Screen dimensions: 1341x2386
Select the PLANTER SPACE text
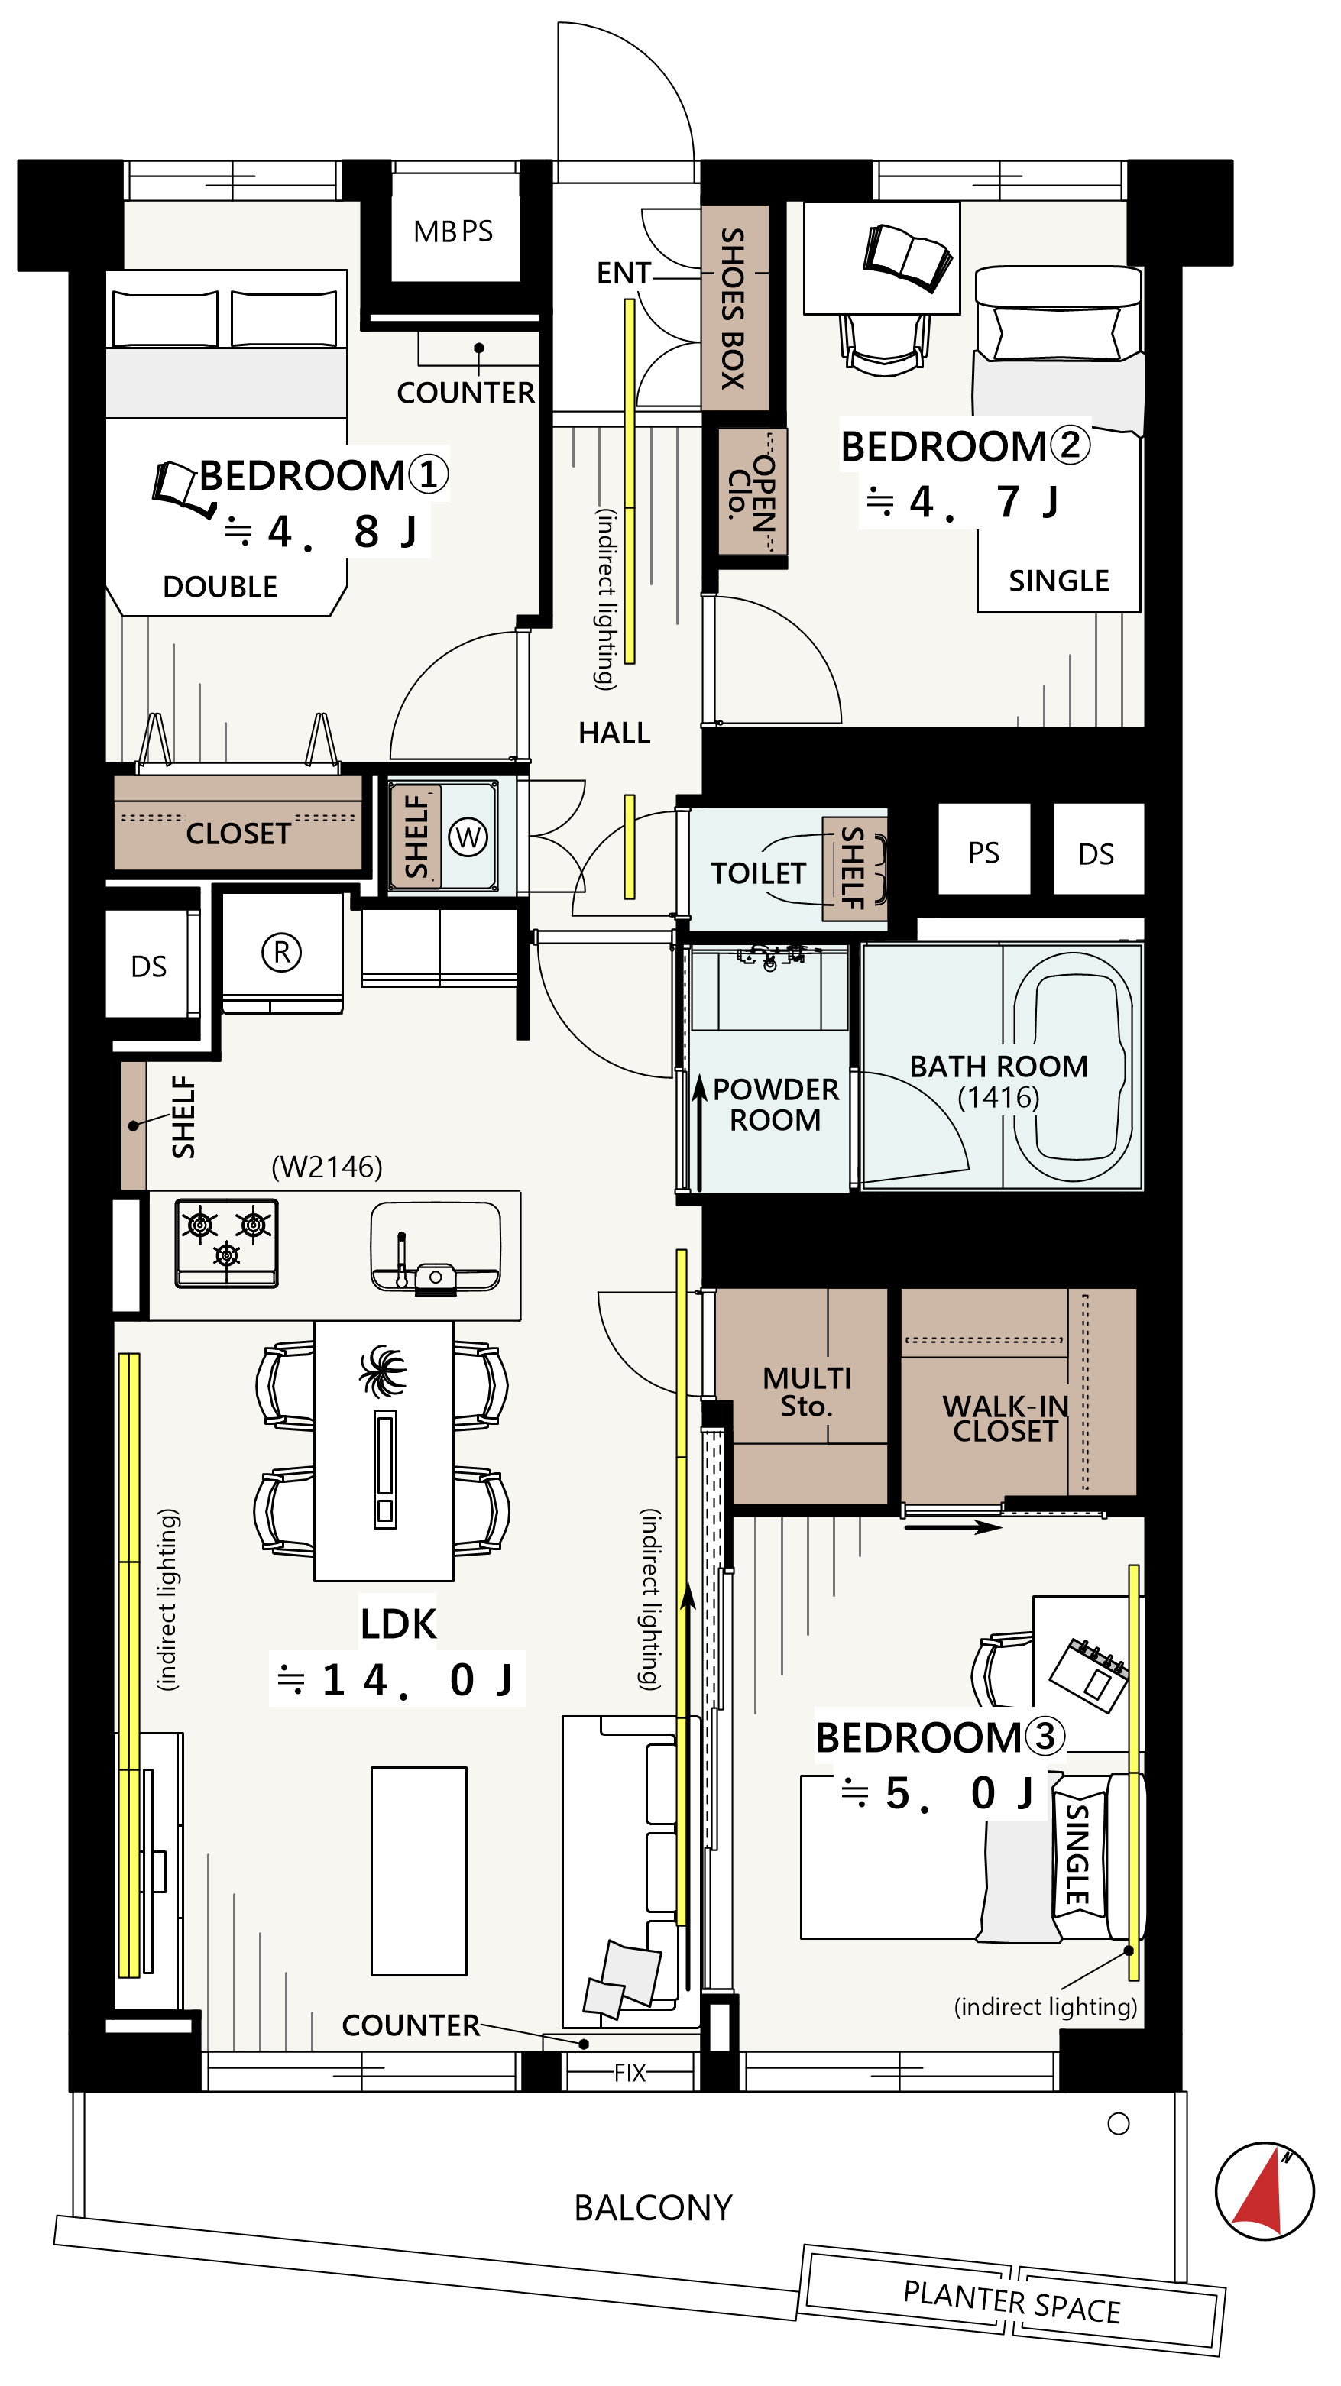coord(1012,2303)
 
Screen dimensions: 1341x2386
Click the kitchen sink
coord(436,1247)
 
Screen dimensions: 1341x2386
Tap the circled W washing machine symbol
coord(468,837)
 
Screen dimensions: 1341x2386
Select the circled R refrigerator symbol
coord(281,952)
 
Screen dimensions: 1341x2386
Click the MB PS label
coord(453,231)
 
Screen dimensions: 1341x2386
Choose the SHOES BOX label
coord(734,309)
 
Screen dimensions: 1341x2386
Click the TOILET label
coord(759,873)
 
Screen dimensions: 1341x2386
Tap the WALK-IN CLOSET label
coord(1006,1418)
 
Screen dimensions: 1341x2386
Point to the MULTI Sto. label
coord(807,1392)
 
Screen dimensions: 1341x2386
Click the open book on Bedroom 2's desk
coord(907,257)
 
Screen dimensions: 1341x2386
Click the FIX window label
coord(630,2073)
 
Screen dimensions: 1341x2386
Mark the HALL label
coord(614,733)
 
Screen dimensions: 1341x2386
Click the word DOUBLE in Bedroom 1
coord(220,588)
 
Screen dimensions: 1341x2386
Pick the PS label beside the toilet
coord(983,853)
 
